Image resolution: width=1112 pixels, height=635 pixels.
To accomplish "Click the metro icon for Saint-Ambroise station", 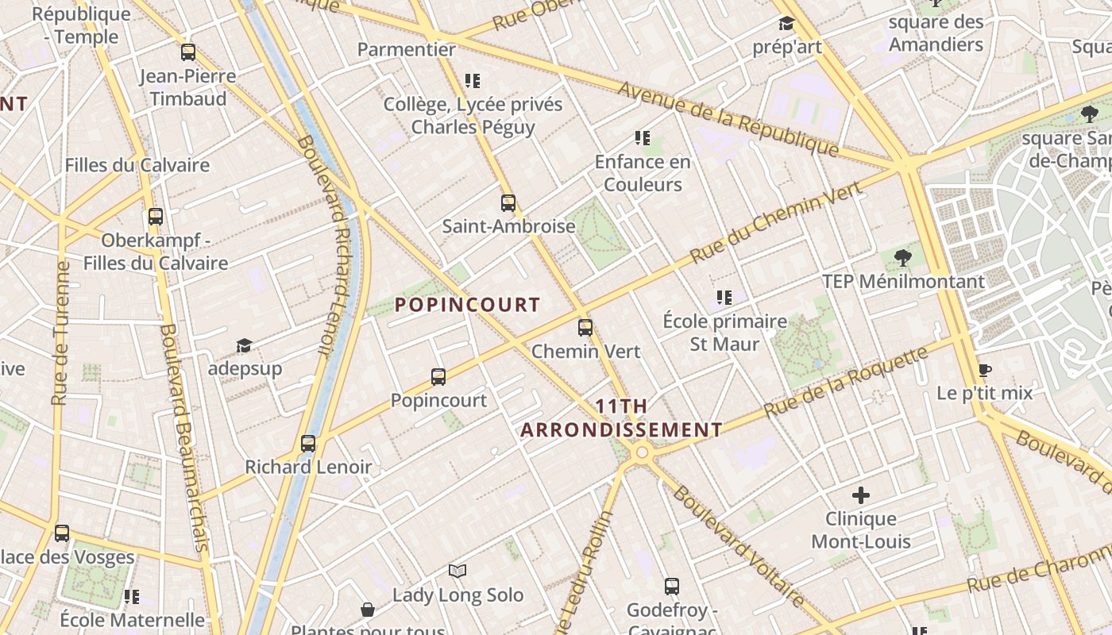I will [508, 203].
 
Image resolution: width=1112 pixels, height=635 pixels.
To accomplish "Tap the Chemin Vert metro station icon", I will [585, 328].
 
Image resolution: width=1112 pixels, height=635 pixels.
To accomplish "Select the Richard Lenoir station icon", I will [308, 444].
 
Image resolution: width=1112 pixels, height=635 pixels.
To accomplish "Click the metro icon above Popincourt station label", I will [438, 377].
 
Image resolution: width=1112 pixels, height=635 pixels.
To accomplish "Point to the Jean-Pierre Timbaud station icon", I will [188, 53].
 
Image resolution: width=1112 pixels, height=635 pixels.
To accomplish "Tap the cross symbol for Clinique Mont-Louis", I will [860, 496].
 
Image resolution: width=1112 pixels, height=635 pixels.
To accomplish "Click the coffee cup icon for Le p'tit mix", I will [985, 370].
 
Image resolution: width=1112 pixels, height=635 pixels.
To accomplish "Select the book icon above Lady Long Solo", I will [458, 571].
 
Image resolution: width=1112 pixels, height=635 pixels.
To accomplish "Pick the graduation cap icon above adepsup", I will [244, 346].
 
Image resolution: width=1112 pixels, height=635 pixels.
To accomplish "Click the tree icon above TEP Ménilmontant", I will [902, 258].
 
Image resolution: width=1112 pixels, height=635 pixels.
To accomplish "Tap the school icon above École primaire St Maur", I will [724, 298].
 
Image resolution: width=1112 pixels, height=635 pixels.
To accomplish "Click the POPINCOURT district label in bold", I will [467, 305].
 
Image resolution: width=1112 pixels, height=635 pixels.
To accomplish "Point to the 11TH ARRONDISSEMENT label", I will [621, 418].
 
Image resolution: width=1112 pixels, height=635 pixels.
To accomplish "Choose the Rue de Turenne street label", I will [60, 333].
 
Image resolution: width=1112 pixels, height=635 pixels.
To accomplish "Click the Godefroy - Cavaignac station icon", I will [672, 587].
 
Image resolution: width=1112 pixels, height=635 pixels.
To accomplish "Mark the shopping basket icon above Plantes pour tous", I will [368, 610].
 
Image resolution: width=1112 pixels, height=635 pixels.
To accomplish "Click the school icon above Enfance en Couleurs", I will [643, 139].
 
